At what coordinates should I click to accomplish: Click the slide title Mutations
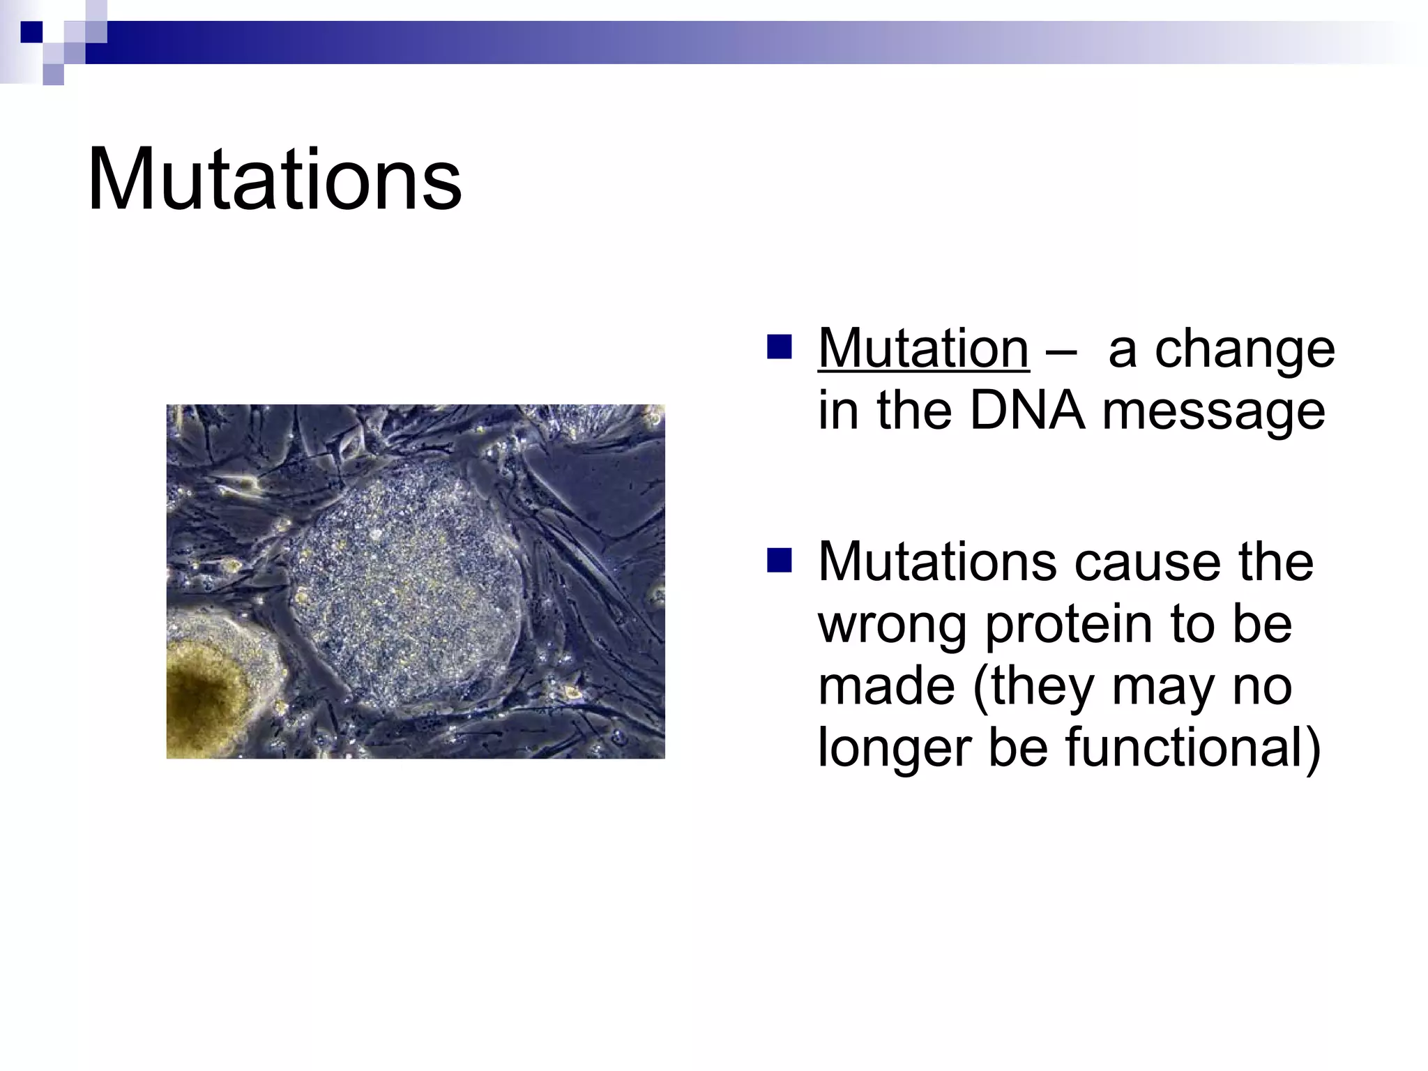(x=274, y=180)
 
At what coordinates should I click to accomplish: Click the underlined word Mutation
(x=923, y=349)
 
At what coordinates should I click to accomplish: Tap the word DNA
(x=1027, y=411)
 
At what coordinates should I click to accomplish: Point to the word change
(x=1245, y=350)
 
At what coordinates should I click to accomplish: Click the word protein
(x=1068, y=625)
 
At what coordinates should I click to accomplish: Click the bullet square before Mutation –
(x=779, y=347)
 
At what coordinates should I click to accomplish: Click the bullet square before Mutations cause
(x=779, y=560)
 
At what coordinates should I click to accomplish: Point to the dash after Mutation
(x=1060, y=350)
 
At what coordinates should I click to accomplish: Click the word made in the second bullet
(x=886, y=686)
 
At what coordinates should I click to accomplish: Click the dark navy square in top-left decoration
(x=32, y=31)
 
